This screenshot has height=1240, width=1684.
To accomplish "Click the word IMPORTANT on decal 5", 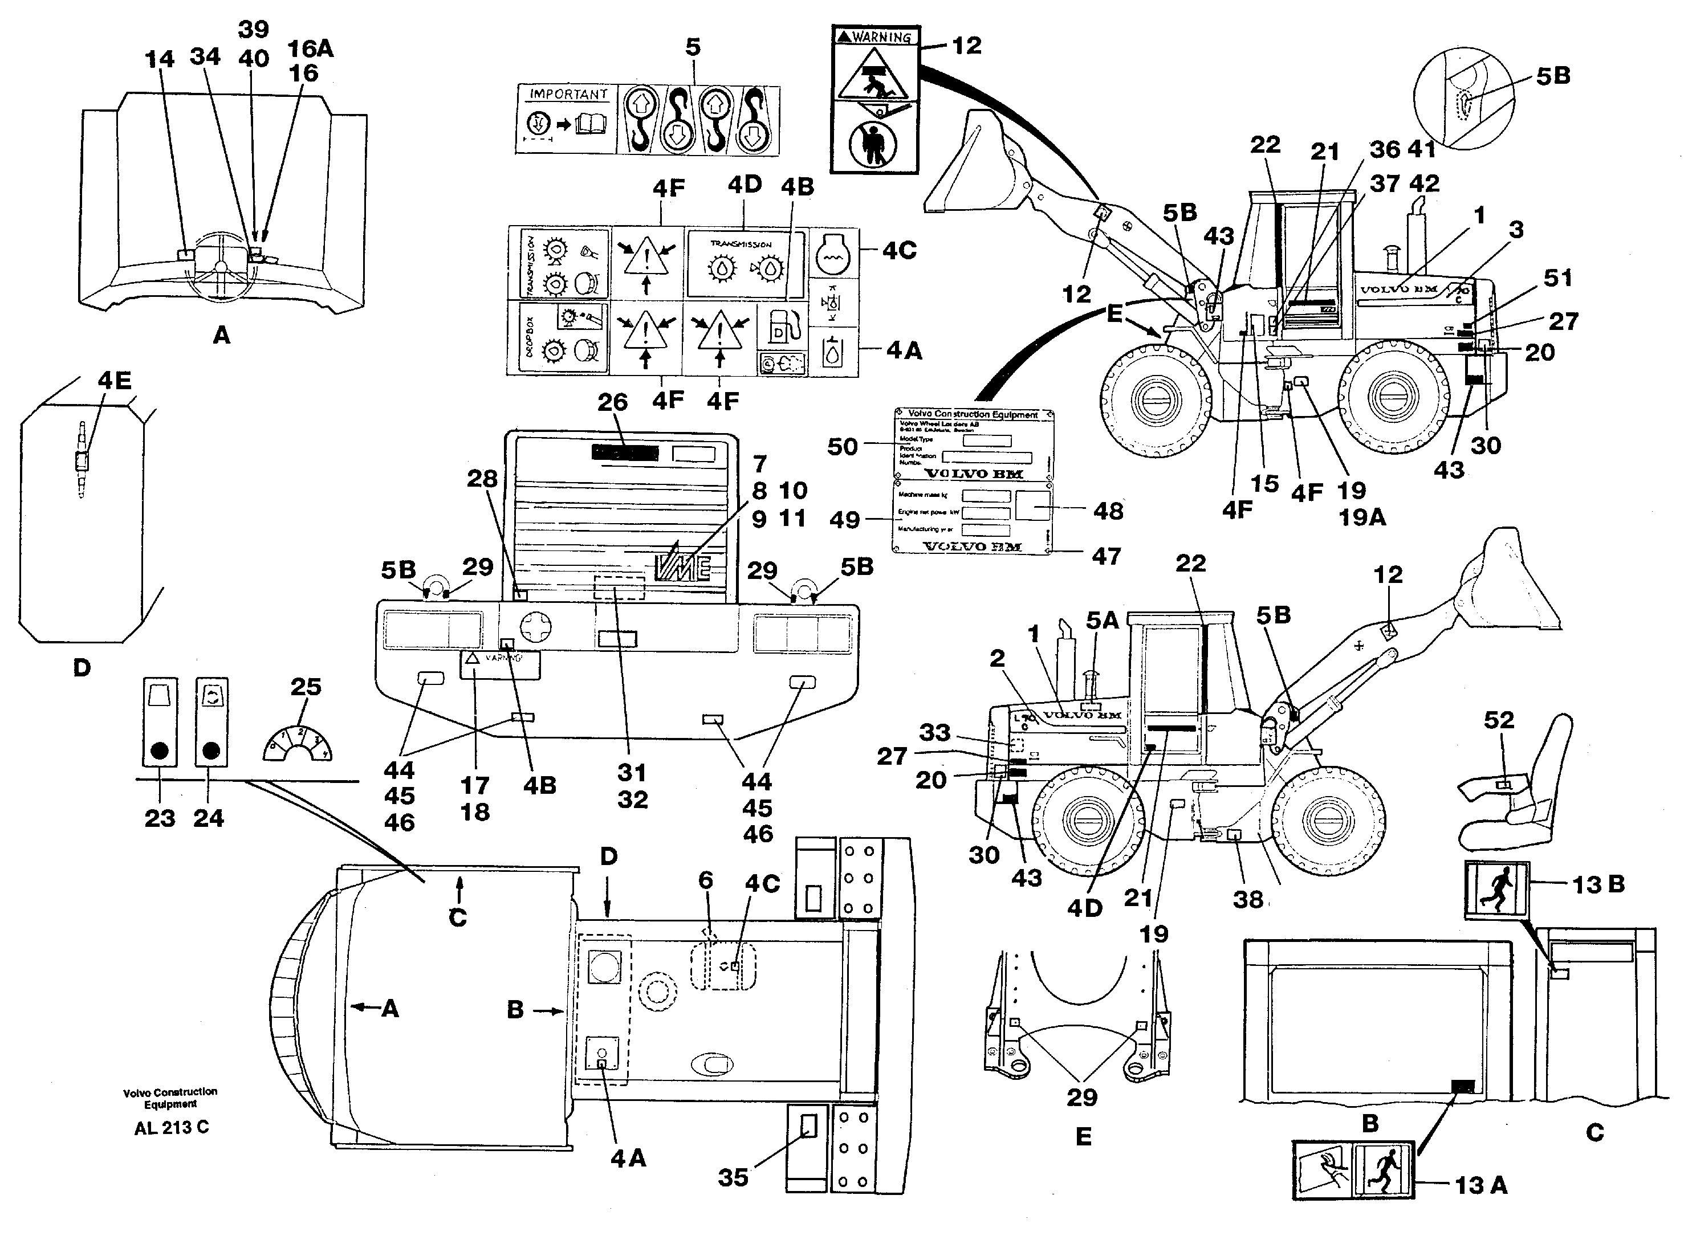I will click(568, 95).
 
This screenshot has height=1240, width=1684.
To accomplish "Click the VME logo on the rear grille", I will click(682, 564).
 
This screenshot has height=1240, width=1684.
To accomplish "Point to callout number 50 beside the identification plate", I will click(843, 447).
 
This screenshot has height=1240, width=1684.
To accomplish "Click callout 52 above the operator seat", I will click(1499, 720).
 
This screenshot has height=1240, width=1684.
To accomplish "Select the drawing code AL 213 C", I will click(172, 1127).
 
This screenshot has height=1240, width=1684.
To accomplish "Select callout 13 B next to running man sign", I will click(1598, 884).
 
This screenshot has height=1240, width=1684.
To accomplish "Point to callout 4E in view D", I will click(114, 381).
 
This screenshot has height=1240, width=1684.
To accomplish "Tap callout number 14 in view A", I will click(159, 59).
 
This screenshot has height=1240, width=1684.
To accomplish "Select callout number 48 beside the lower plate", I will click(1108, 511).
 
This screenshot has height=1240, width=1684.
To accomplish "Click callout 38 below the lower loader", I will click(1248, 899).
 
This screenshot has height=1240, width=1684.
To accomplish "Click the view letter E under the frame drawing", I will click(1083, 1136).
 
